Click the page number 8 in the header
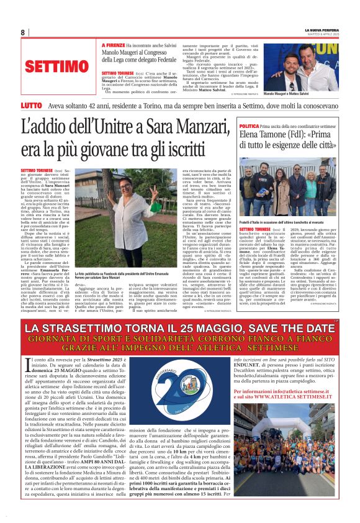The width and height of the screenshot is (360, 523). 23,32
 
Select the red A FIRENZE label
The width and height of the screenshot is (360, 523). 112,45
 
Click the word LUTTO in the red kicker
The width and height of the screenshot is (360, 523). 31,107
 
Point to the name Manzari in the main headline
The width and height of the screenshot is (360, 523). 192,127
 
